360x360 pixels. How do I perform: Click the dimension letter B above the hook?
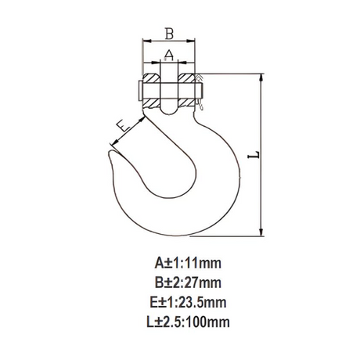169,34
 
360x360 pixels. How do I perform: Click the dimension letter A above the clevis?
169,55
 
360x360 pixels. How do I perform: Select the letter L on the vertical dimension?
254,155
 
